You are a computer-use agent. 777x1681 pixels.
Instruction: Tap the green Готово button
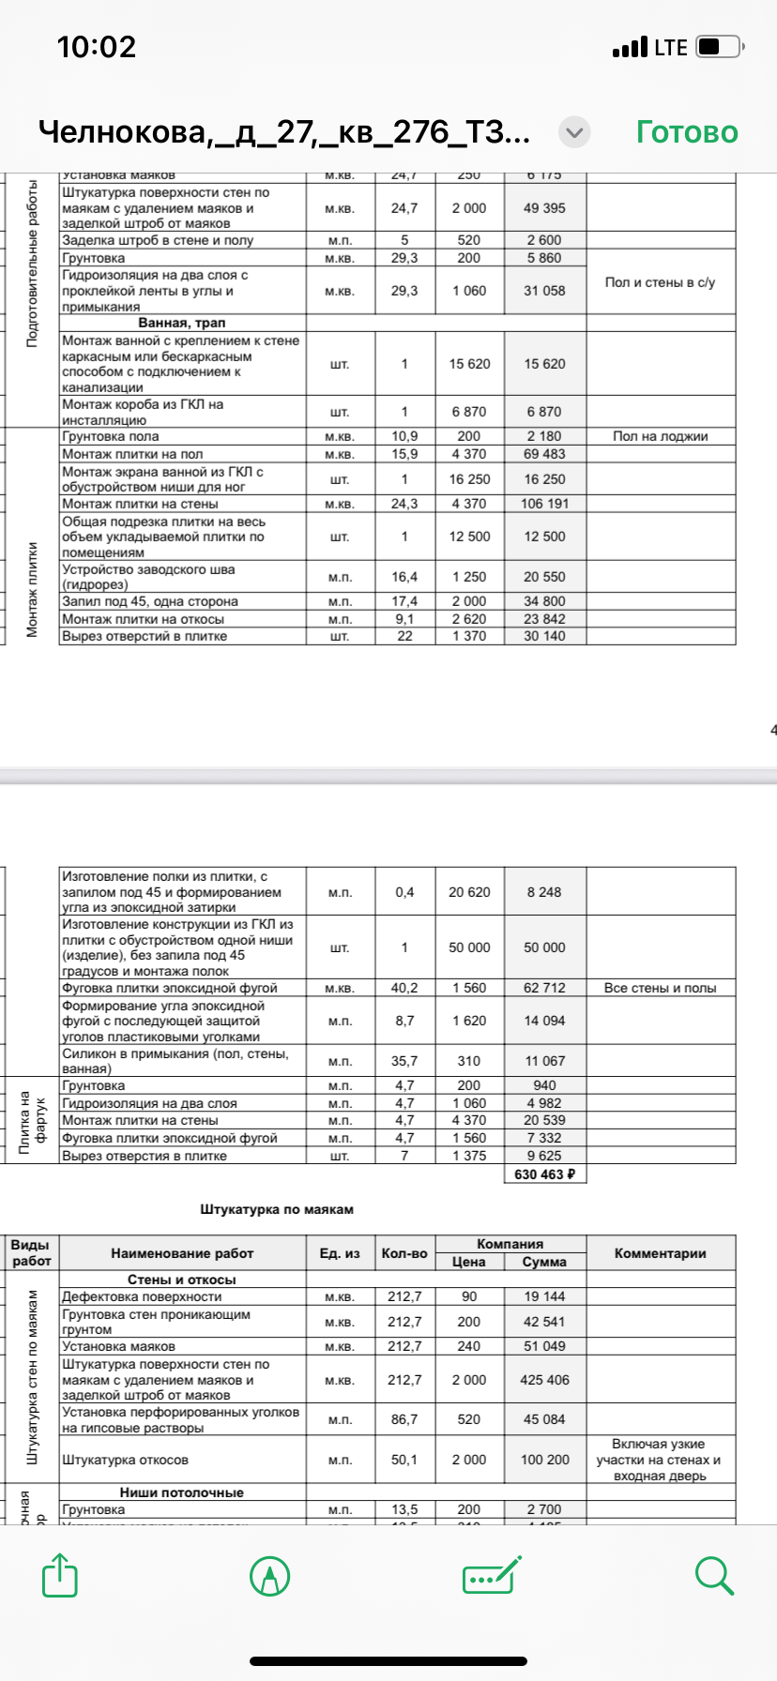pos(687,132)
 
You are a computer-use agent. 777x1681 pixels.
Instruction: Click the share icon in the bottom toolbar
pos(60,1575)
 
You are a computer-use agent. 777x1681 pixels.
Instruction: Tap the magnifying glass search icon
pos(714,1575)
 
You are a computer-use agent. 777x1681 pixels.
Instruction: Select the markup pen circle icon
pos(269,1575)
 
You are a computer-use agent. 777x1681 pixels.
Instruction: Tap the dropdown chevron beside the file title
pos(574,133)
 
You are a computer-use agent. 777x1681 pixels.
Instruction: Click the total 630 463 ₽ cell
pos(544,1174)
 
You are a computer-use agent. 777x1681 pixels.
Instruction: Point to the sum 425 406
pos(544,1380)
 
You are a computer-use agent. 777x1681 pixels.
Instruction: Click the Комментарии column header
pos(660,1253)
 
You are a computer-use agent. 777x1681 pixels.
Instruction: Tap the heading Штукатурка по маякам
pos(277,1209)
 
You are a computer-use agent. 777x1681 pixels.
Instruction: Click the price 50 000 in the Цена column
pos(469,947)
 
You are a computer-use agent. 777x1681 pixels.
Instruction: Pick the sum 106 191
pos(544,504)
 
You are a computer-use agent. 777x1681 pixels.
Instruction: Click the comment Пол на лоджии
pos(660,436)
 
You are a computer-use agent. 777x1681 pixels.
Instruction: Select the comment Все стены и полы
pos(660,988)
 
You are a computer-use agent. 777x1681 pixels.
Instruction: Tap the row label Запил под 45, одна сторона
pos(150,601)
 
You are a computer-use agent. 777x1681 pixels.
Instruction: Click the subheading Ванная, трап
pos(182,323)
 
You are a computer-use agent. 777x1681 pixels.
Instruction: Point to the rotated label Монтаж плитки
pos(32,589)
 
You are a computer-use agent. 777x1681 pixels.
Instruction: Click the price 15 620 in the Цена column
pos(469,364)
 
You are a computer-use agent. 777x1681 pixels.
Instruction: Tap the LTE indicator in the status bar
pos(670,47)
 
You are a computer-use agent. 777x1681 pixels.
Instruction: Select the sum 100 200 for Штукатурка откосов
pos(544,1460)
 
